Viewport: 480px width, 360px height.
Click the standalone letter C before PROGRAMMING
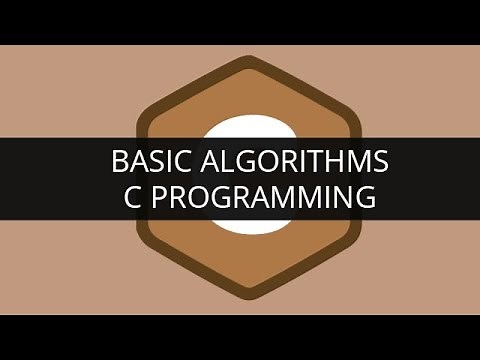(122, 197)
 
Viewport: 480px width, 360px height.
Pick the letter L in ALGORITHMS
(228, 161)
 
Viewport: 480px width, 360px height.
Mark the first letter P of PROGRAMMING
(150, 197)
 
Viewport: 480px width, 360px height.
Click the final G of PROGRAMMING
(365, 197)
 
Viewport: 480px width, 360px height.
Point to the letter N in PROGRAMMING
(341, 197)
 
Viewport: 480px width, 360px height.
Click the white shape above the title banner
(240, 129)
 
